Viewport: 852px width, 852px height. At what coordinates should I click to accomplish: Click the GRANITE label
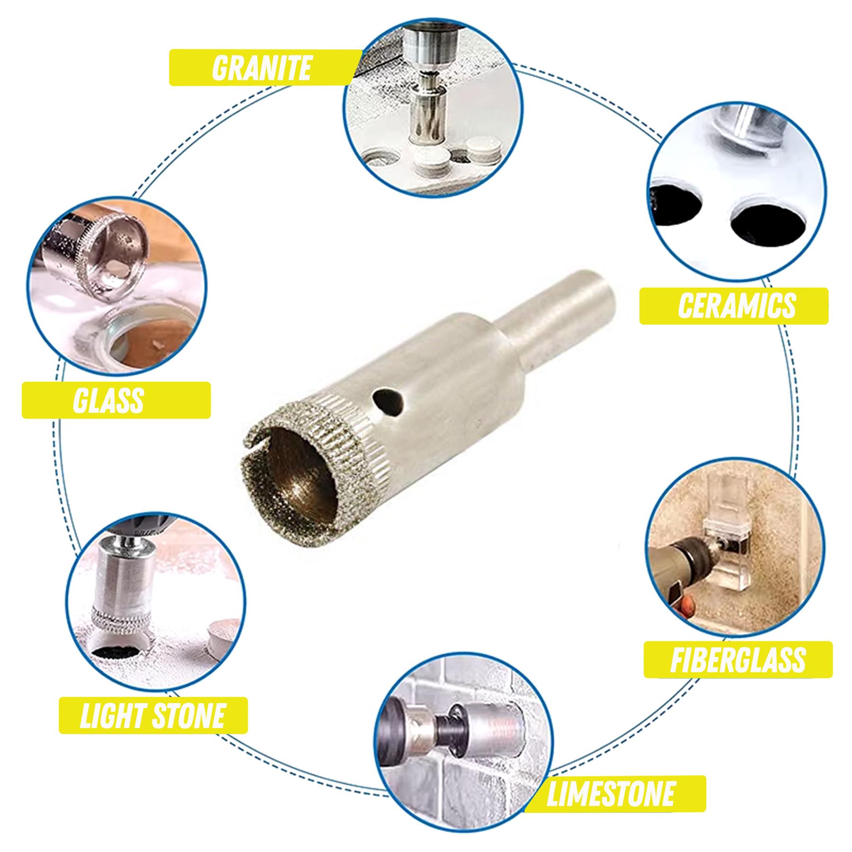click(x=261, y=68)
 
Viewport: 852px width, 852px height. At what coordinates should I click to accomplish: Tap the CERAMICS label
click(x=737, y=306)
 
